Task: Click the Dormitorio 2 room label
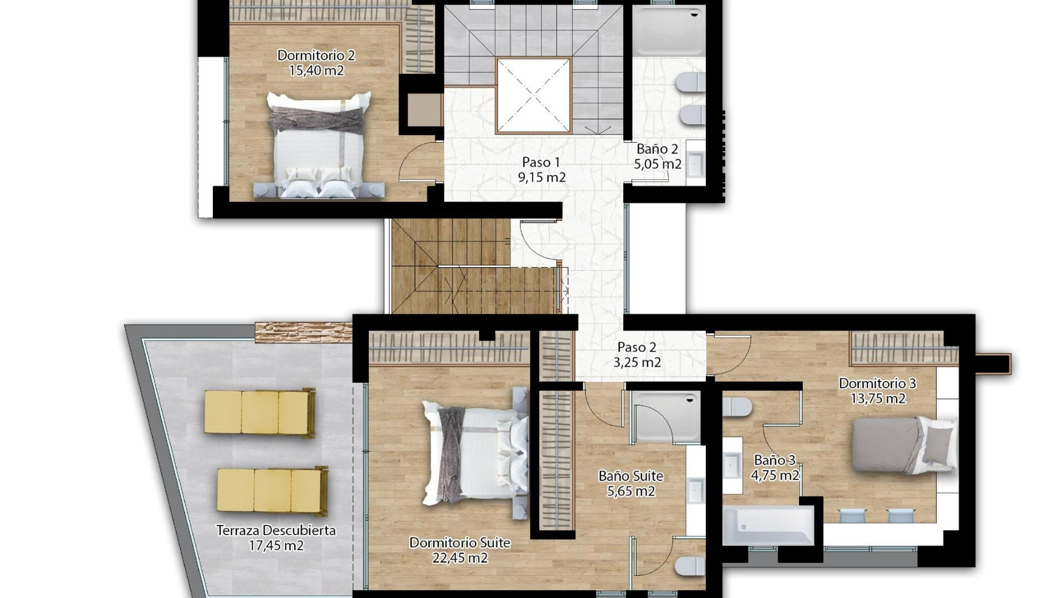pos(316,55)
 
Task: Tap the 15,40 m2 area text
pos(316,71)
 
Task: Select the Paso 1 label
pos(541,162)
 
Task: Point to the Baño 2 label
pos(657,149)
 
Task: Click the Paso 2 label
pos(637,347)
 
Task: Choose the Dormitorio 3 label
pos(877,383)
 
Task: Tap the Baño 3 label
pos(774,460)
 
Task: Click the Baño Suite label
pos(631,476)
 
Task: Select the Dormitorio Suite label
pos(460,543)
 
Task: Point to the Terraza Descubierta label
pos(276,530)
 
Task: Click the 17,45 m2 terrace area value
pos(276,546)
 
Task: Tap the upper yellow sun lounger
pos(259,413)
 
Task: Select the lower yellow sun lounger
pos(272,491)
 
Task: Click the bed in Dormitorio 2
pos(319,145)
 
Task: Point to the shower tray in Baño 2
pos(669,31)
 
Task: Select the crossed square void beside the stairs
pos(533,96)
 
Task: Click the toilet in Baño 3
pos(737,407)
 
